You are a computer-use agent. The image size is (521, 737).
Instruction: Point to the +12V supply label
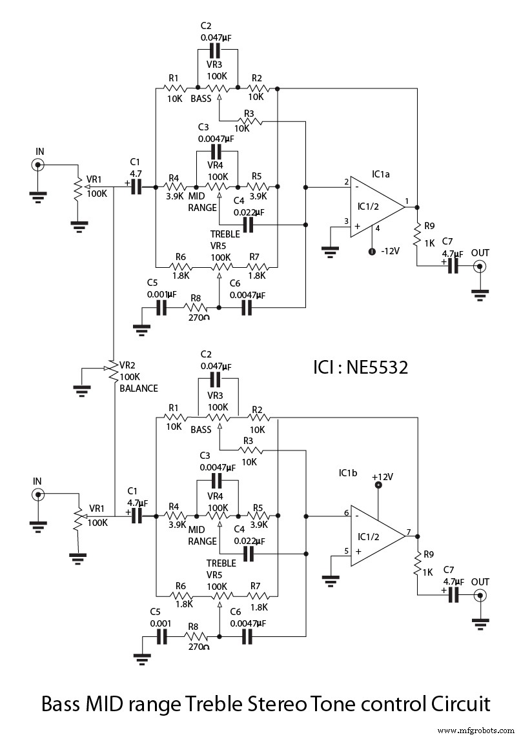(x=382, y=476)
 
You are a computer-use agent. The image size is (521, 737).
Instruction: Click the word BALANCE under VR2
(x=139, y=389)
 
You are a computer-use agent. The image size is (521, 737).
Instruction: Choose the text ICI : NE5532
(x=360, y=367)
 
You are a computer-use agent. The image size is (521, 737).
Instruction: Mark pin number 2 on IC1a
(x=346, y=182)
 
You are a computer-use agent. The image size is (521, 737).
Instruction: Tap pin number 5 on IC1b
(x=346, y=550)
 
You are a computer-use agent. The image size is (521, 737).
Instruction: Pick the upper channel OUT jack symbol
(x=478, y=267)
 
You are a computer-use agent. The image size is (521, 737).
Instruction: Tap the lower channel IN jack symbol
(x=39, y=495)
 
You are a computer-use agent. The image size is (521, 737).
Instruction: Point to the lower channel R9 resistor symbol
(x=417, y=563)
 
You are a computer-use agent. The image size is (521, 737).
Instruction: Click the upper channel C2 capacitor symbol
(x=216, y=52)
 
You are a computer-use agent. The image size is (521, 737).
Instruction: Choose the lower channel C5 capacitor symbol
(x=161, y=636)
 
